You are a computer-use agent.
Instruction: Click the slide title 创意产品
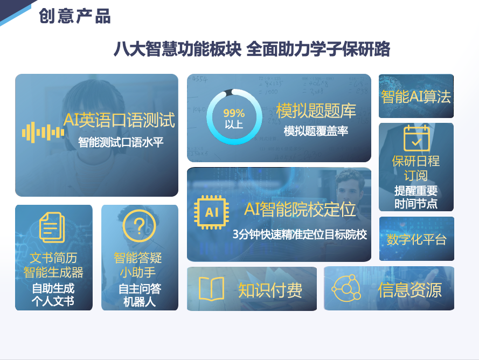75,16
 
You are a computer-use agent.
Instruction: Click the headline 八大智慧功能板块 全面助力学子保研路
251,49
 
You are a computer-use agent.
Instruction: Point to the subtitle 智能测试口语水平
121,143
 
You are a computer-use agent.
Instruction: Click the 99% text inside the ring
234,114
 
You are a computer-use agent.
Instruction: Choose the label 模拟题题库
316,111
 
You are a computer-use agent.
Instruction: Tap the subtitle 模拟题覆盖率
316,131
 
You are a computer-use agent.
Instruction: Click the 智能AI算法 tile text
416,96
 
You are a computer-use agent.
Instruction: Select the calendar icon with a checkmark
416,138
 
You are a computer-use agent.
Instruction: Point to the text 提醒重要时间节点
416,197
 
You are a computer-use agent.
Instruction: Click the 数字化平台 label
416,239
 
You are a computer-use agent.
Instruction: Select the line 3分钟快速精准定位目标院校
300,235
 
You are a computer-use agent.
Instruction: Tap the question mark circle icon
138,225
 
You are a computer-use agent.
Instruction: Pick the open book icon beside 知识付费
211,289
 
